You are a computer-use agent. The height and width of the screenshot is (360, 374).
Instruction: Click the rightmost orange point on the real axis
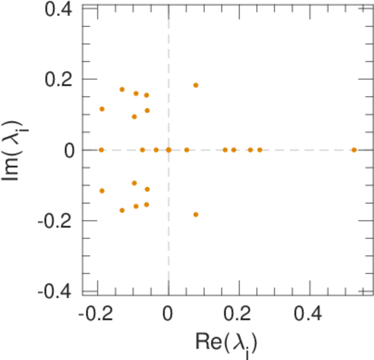point(354,149)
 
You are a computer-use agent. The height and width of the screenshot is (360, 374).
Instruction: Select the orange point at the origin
point(169,149)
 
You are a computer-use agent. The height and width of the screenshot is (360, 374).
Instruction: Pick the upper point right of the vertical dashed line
point(196,85)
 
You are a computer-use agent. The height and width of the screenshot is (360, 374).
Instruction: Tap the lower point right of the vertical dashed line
point(196,214)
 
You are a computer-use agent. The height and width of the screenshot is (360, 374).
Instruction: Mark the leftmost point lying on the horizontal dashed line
point(101,149)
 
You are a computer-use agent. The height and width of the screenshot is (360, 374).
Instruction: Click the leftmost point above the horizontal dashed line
point(102,109)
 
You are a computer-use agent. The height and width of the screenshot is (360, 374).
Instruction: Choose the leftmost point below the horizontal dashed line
point(102,191)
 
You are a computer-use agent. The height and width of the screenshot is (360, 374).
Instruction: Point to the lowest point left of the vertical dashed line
point(122,210)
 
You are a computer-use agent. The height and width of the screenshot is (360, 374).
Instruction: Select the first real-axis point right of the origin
point(187,149)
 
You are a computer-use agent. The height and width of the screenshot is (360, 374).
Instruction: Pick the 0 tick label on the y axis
point(70,150)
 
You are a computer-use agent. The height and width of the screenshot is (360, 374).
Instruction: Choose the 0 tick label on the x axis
point(169,313)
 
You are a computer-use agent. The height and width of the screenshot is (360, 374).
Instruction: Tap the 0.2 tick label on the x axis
point(239,313)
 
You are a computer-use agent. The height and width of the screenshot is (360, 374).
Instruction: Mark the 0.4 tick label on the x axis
point(310,313)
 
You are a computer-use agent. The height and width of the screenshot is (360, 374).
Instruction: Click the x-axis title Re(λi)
point(227,342)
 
